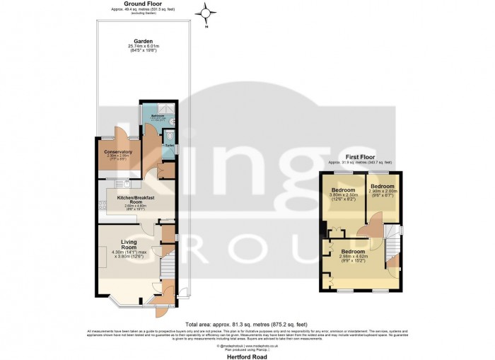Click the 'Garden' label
[x=127, y=41]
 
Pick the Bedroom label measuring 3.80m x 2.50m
[x=344, y=190]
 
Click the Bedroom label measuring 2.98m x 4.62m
[x=353, y=251]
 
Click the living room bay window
[x=127, y=301]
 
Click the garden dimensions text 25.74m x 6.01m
[x=127, y=47]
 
